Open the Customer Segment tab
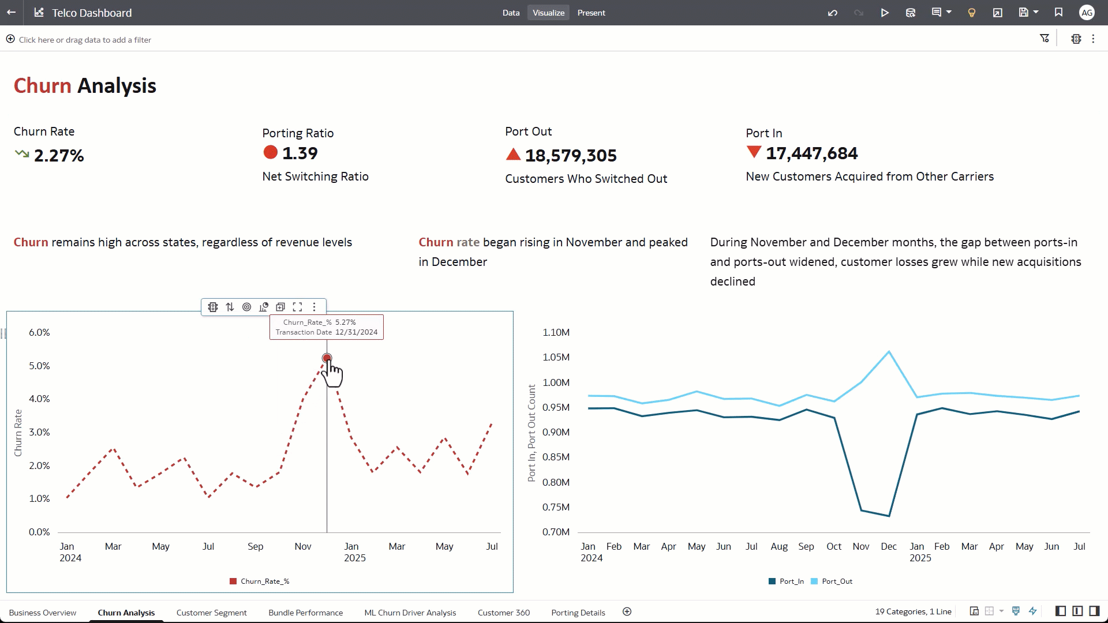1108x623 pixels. pyautogui.click(x=211, y=613)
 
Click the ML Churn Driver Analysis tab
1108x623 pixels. pyautogui.click(x=410, y=613)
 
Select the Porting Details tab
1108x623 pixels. pyautogui.click(x=578, y=613)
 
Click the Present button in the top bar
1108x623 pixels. pyautogui.click(x=591, y=13)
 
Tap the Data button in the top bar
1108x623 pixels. pyautogui.click(x=511, y=13)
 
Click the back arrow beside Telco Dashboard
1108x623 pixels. pyautogui.click(x=11, y=12)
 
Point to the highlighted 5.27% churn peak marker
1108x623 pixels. pyautogui.click(x=327, y=358)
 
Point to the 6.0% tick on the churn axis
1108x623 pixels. pyautogui.click(x=39, y=332)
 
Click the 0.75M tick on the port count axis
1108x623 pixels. pyautogui.click(x=556, y=507)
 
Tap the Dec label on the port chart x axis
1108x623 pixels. pyautogui.click(x=888, y=546)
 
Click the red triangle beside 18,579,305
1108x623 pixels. pyautogui.click(x=513, y=155)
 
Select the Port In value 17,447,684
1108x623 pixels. pyautogui.click(x=811, y=153)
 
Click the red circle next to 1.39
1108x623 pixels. pyautogui.click(x=270, y=152)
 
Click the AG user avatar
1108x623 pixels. pyautogui.click(x=1087, y=13)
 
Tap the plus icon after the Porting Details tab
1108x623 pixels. pyautogui.click(x=627, y=612)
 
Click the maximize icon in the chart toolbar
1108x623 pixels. pyautogui.click(x=297, y=307)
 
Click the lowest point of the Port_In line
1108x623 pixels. pyautogui.click(x=889, y=516)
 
